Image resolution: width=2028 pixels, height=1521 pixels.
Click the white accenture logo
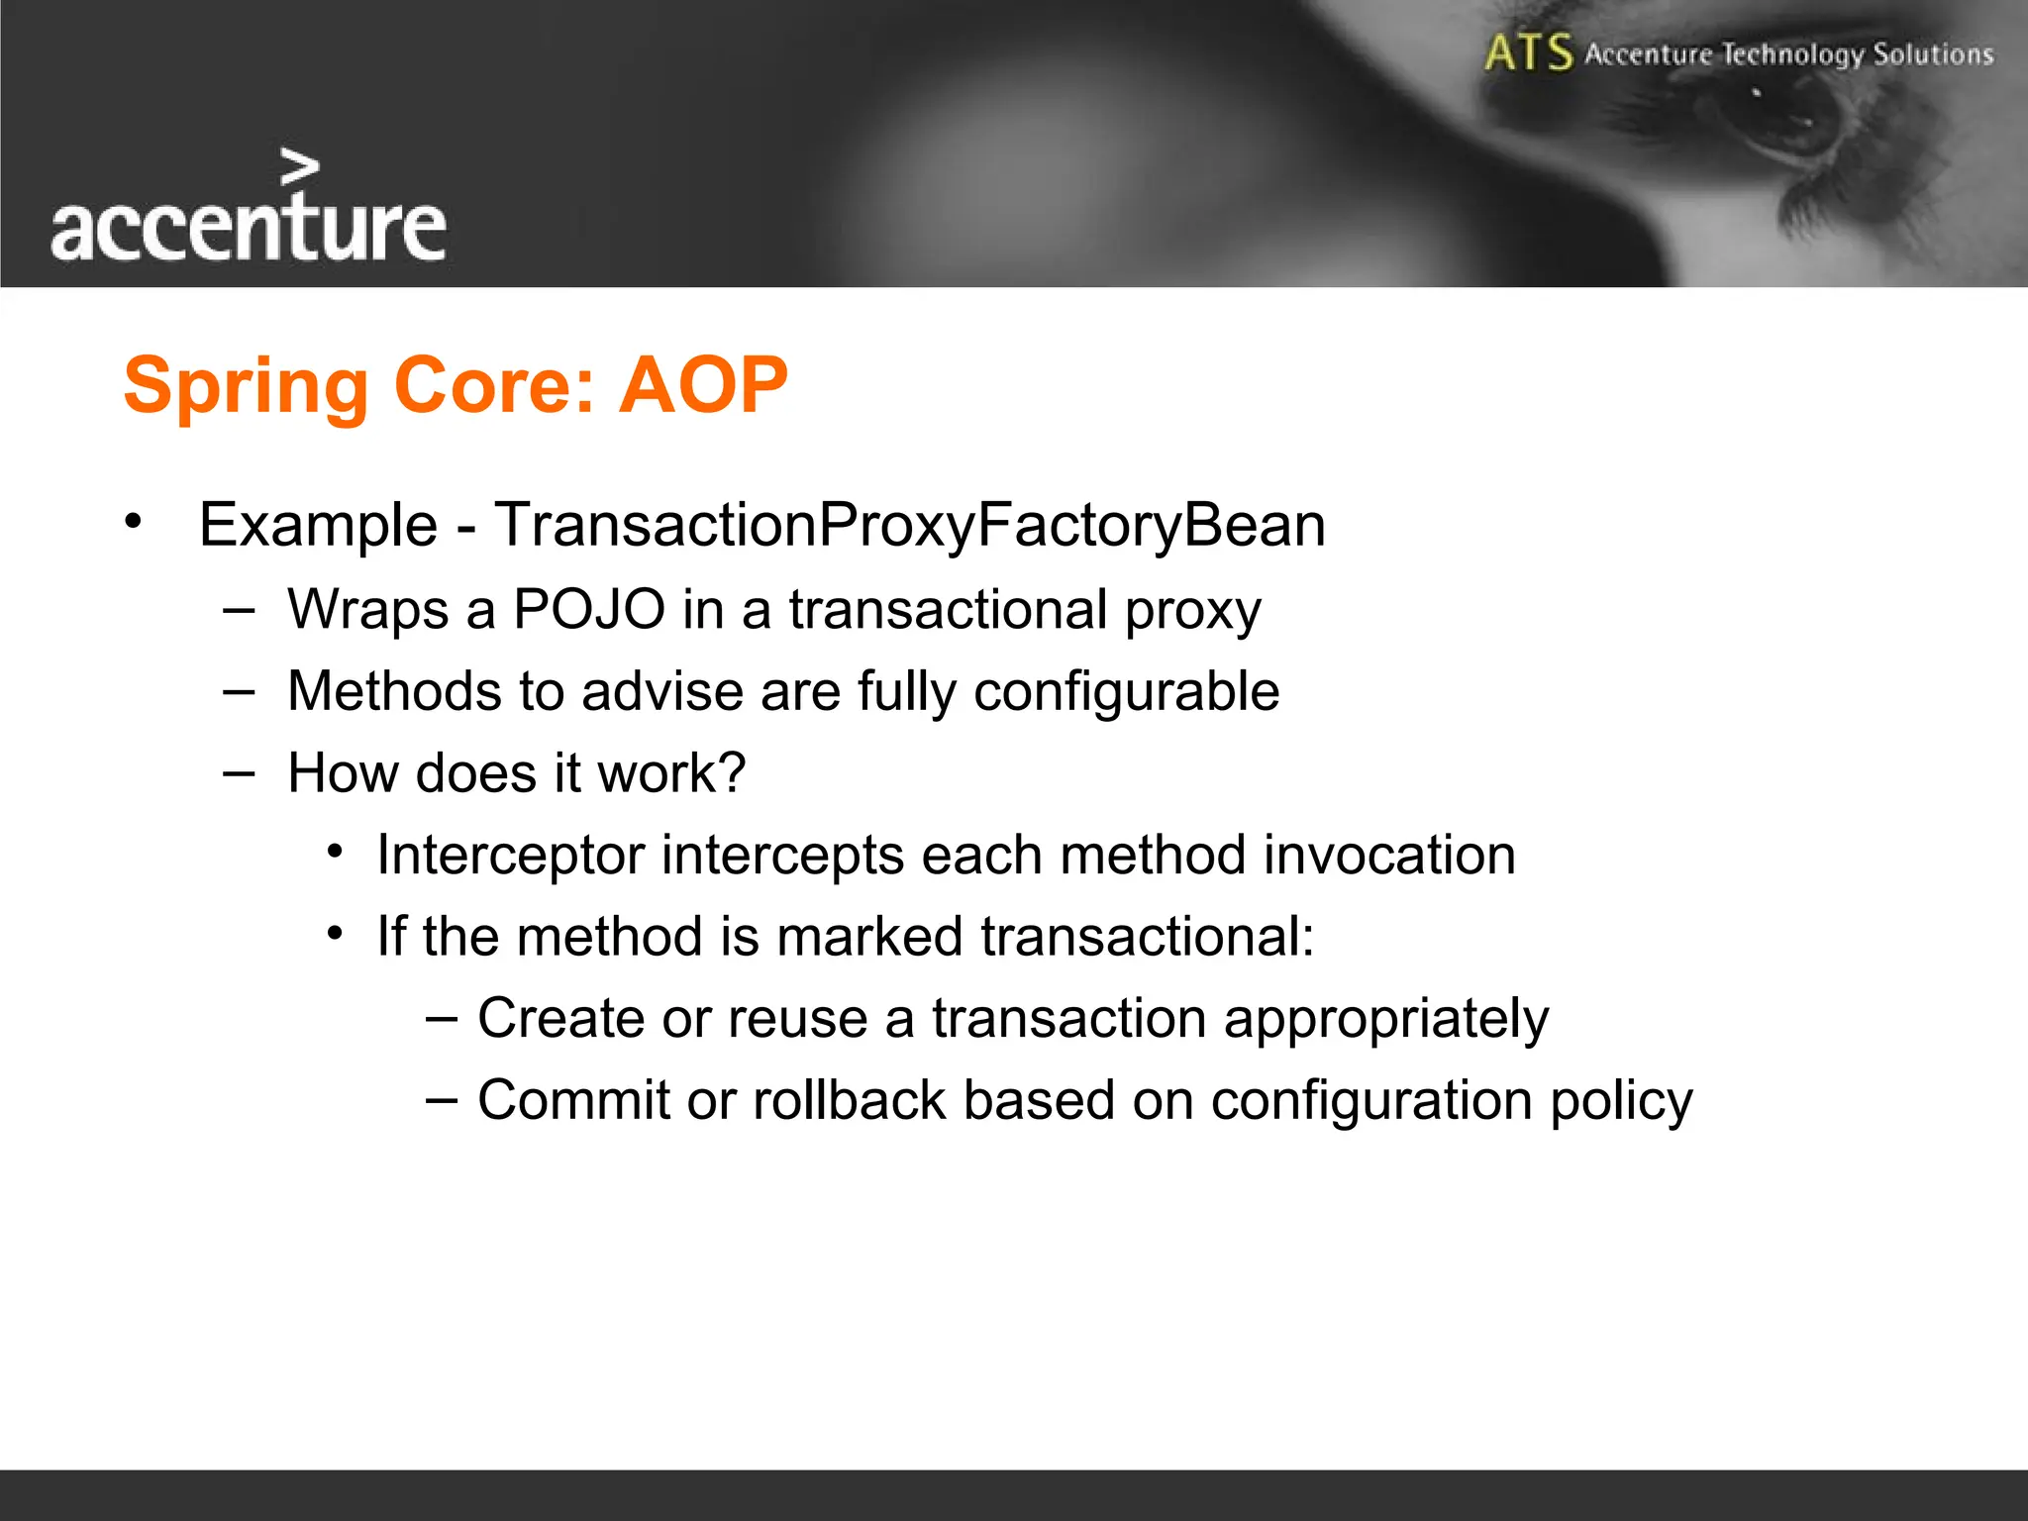(x=248, y=228)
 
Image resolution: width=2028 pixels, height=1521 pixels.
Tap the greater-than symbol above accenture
(x=300, y=167)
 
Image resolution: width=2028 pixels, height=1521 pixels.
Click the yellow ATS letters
(x=1528, y=52)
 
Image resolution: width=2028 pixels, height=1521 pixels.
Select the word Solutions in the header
(x=1932, y=53)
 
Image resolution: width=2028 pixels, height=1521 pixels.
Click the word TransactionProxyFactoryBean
(x=909, y=525)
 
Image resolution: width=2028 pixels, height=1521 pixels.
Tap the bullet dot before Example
(x=134, y=521)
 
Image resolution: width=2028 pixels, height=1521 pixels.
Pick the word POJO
(x=589, y=609)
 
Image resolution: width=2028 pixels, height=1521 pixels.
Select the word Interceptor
(x=510, y=855)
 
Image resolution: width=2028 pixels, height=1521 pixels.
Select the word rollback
(x=850, y=1100)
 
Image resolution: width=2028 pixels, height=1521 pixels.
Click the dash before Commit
(x=442, y=1099)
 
